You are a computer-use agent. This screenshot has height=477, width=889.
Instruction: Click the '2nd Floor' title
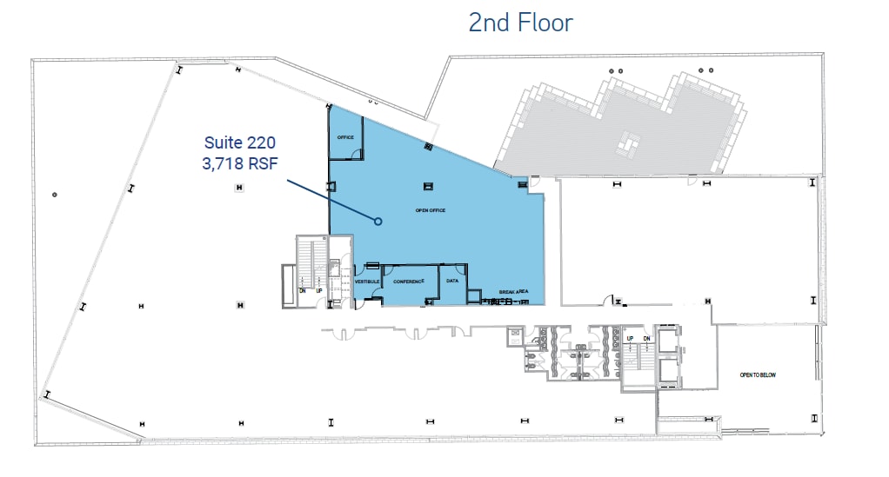click(520, 22)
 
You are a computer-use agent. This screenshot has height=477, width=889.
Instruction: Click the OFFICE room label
click(345, 137)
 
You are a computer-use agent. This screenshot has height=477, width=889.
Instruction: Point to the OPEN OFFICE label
click(430, 211)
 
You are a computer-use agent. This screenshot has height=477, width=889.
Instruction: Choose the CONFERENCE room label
click(409, 282)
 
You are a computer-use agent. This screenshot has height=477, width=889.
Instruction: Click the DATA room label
click(452, 281)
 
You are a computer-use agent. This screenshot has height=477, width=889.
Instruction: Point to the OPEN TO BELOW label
click(757, 375)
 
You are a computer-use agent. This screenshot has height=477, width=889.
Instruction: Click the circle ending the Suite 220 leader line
click(378, 222)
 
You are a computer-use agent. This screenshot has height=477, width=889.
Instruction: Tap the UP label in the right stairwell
click(630, 337)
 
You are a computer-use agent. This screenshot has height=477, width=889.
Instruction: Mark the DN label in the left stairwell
click(303, 290)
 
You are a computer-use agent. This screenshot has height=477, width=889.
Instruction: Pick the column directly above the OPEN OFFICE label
click(428, 185)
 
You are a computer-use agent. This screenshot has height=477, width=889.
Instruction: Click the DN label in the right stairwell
click(646, 337)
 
